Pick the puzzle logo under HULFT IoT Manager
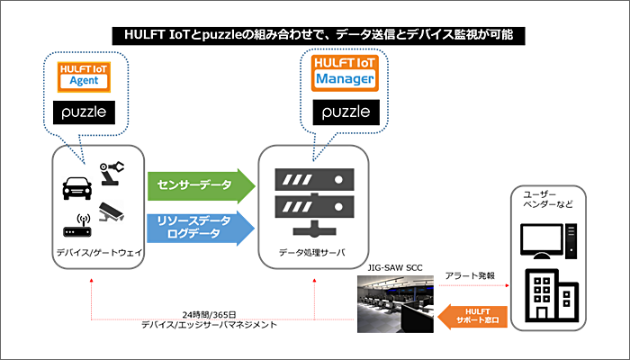tap(346, 112)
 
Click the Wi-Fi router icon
tap(77, 227)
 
